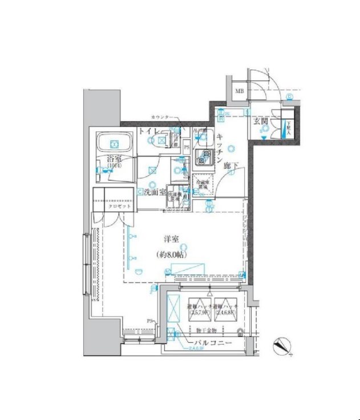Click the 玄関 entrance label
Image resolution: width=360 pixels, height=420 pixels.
coord(261,120)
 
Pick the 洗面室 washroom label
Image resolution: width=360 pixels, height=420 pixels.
coord(153,192)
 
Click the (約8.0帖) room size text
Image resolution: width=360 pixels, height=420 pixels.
coord(173,255)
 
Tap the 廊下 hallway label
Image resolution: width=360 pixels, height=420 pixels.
coord(230,166)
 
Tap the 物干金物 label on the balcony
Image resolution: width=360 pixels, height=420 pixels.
coord(207,330)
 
